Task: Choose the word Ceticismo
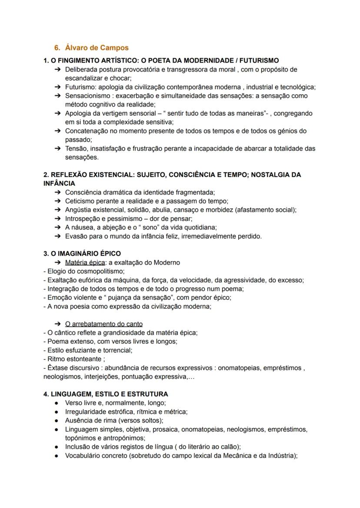tap(80, 201)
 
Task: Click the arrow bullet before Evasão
tap(58, 236)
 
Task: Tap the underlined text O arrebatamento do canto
tap(103, 324)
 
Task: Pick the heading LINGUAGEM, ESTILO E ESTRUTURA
tap(109, 394)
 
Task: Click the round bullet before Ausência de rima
tap(57, 421)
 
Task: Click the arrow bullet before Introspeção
tap(58, 219)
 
